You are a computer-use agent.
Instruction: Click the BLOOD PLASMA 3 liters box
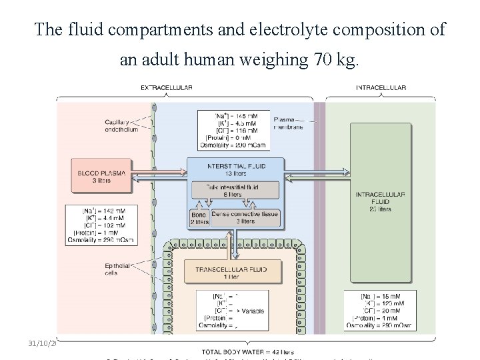(x=102, y=175)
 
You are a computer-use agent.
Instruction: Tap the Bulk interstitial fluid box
(x=235, y=190)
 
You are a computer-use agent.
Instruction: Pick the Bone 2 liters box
(x=199, y=218)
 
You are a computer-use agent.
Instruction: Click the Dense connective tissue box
(x=245, y=218)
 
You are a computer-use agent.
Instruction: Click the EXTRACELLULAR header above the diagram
(x=167, y=87)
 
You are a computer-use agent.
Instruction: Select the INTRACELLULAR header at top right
(x=381, y=87)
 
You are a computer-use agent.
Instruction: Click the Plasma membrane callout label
(x=288, y=123)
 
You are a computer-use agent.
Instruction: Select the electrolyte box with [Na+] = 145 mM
(x=235, y=130)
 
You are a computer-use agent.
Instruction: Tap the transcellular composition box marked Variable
(x=235, y=310)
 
